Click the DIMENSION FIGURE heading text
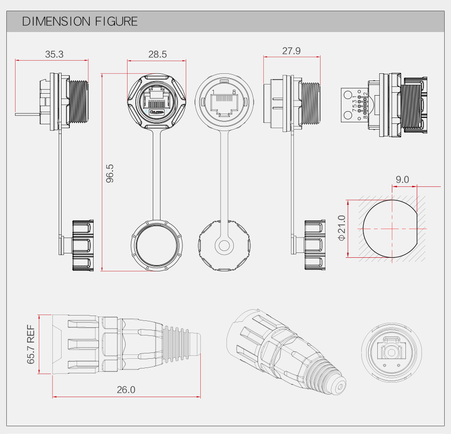80,21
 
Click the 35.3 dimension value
54,54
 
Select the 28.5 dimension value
157,54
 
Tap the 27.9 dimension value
291,51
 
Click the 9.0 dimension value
402,180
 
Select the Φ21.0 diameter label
341,228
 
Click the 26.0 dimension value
126,389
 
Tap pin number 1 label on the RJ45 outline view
213,92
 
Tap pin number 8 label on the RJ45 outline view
234,92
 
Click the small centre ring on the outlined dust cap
224,245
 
